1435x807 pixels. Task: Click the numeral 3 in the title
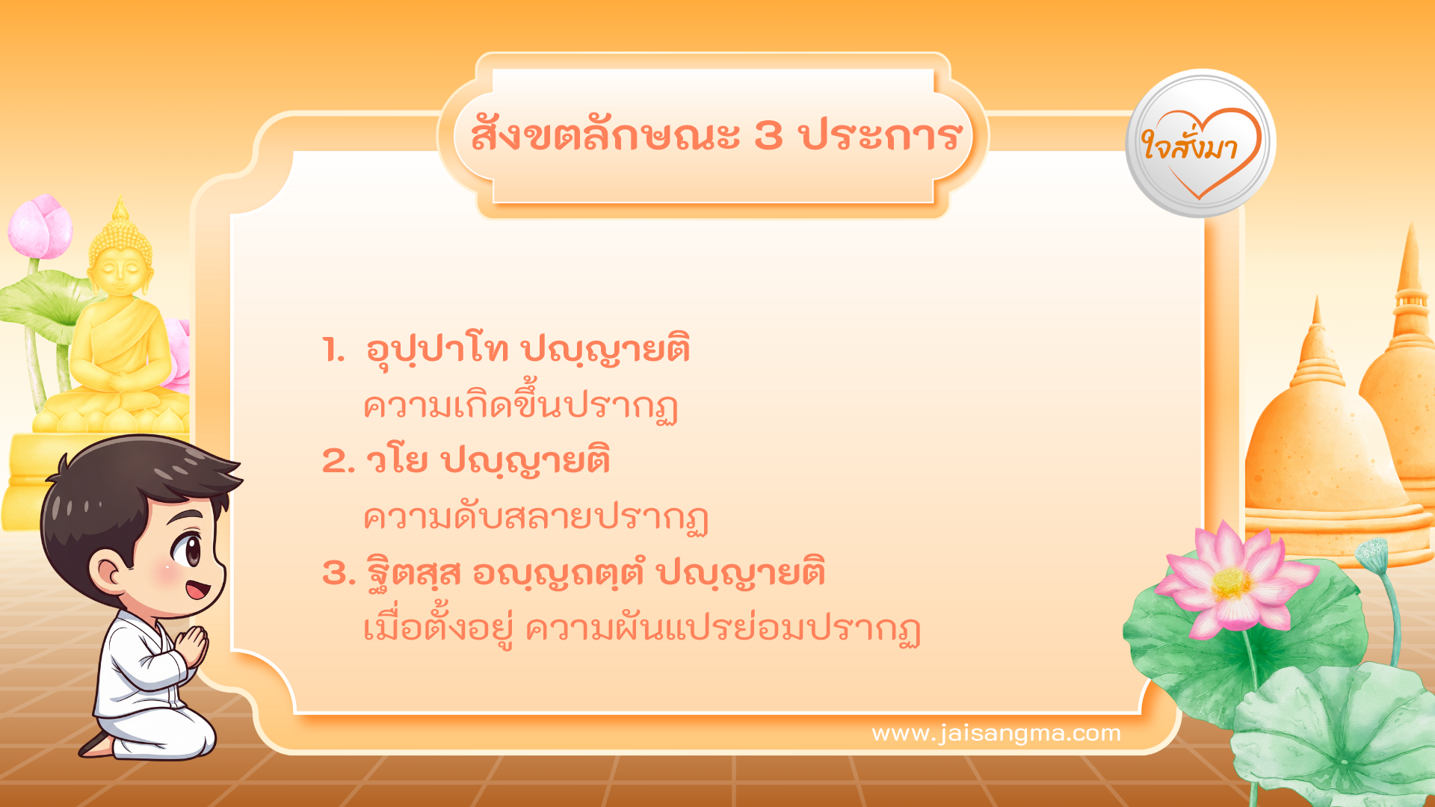click(x=768, y=136)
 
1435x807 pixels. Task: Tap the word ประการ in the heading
click(x=880, y=136)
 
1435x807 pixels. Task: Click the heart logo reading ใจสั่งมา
click(x=1200, y=144)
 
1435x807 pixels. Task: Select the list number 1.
click(x=333, y=350)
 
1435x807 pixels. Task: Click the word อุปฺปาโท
click(x=437, y=350)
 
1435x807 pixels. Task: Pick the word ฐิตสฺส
click(x=413, y=574)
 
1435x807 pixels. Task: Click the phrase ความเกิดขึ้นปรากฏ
click(x=520, y=406)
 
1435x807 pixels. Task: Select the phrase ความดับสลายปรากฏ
click(x=535, y=518)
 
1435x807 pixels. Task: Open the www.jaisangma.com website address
click(x=996, y=733)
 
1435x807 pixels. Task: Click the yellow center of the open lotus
click(x=1231, y=583)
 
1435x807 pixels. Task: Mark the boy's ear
click(x=108, y=572)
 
